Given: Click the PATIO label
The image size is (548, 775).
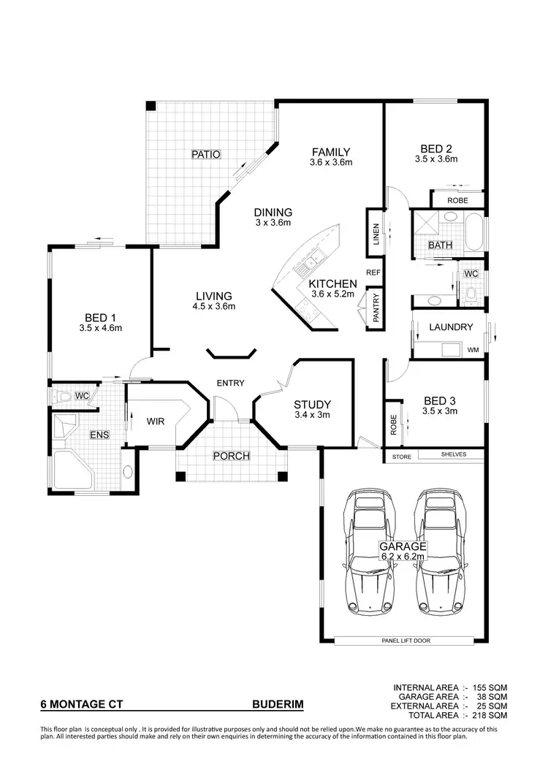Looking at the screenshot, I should tap(205, 154).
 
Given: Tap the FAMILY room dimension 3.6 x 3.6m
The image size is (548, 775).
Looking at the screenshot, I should tap(331, 163).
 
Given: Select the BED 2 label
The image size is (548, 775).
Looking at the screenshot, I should tap(435, 146).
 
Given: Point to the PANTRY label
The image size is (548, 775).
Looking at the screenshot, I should tap(376, 308).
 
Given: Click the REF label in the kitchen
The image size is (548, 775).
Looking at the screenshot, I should tap(373, 272).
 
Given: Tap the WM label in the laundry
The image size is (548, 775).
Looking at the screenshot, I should tap(473, 351).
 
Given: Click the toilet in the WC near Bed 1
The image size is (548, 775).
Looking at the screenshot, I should tap(63, 397).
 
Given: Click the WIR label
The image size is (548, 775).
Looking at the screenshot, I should tap(155, 421).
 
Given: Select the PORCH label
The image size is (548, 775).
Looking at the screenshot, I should tap(231, 457).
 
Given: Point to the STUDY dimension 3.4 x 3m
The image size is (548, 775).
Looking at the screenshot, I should tap(312, 416).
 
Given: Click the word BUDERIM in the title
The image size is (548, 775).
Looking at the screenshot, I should tap(277, 706).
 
